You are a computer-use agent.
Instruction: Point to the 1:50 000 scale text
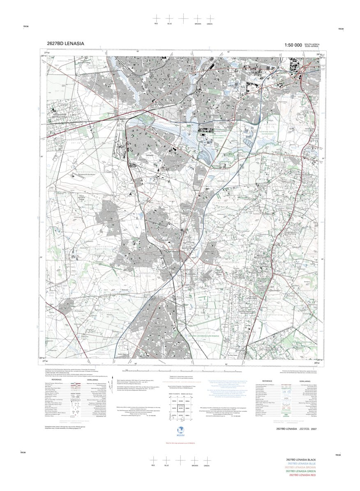(293, 45)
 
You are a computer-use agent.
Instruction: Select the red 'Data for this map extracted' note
(180, 442)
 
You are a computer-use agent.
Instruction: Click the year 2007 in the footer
(314, 429)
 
